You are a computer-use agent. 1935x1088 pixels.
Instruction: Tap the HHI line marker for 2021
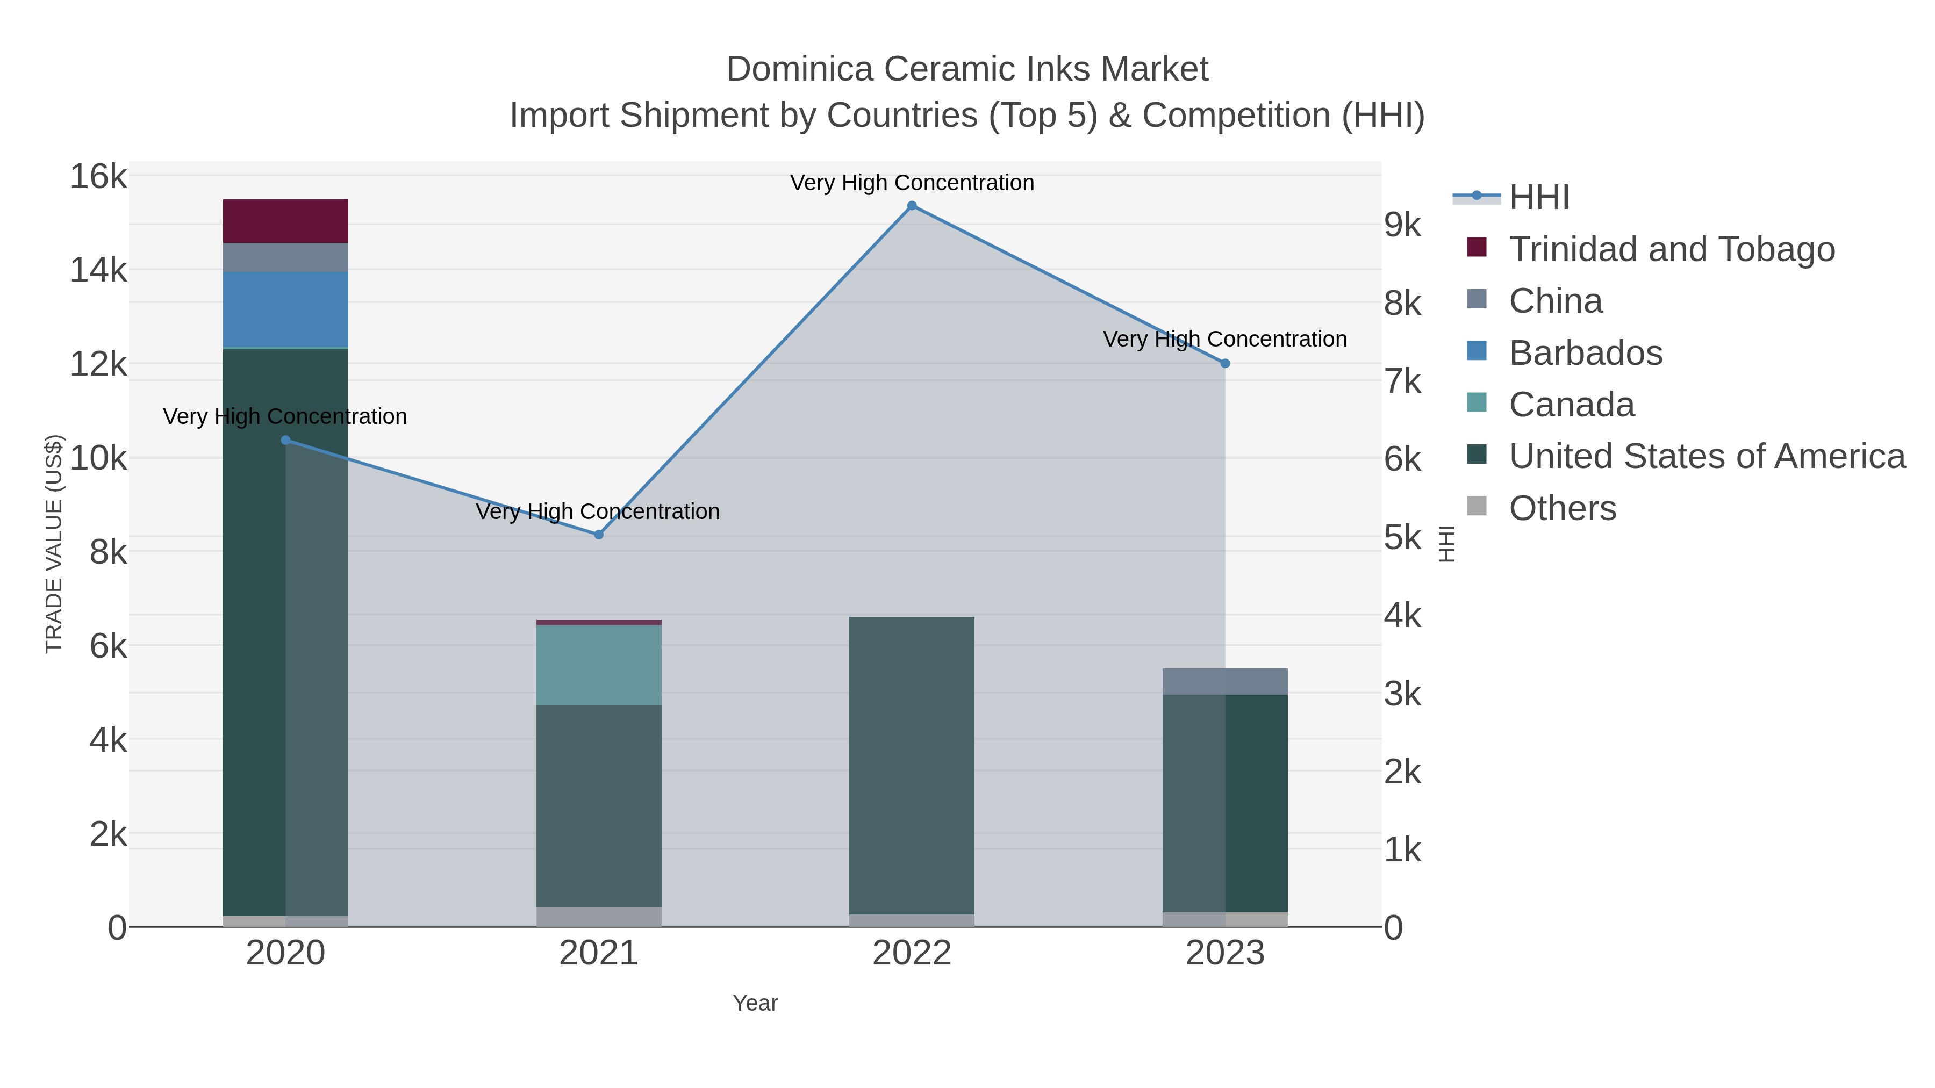point(599,535)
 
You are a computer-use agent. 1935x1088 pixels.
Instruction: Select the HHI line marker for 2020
point(285,440)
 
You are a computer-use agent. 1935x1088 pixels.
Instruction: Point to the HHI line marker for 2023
point(1224,363)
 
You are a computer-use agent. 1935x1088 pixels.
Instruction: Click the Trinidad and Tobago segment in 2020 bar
point(285,221)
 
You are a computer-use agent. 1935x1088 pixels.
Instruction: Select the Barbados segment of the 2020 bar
point(285,309)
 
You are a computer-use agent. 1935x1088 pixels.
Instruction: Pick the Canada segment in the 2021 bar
point(599,665)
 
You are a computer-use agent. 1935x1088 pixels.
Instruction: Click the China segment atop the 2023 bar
point(1224,681)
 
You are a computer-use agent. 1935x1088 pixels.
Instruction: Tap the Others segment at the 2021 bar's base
point(599,916)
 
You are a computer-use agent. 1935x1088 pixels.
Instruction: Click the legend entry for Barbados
point(1585,353)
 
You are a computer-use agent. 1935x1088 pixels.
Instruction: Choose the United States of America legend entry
point(1706,457)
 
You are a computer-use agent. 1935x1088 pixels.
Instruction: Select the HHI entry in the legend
point(1538,198)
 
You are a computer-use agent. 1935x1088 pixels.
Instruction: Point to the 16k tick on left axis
point(98,177)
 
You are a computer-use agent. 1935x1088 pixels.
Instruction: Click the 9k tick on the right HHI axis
point(1402,225)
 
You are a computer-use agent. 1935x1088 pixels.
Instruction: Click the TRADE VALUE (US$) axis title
point(54,544)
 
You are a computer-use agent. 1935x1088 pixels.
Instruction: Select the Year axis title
point(755,1003)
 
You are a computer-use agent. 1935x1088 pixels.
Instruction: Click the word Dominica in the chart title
point(799,69)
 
